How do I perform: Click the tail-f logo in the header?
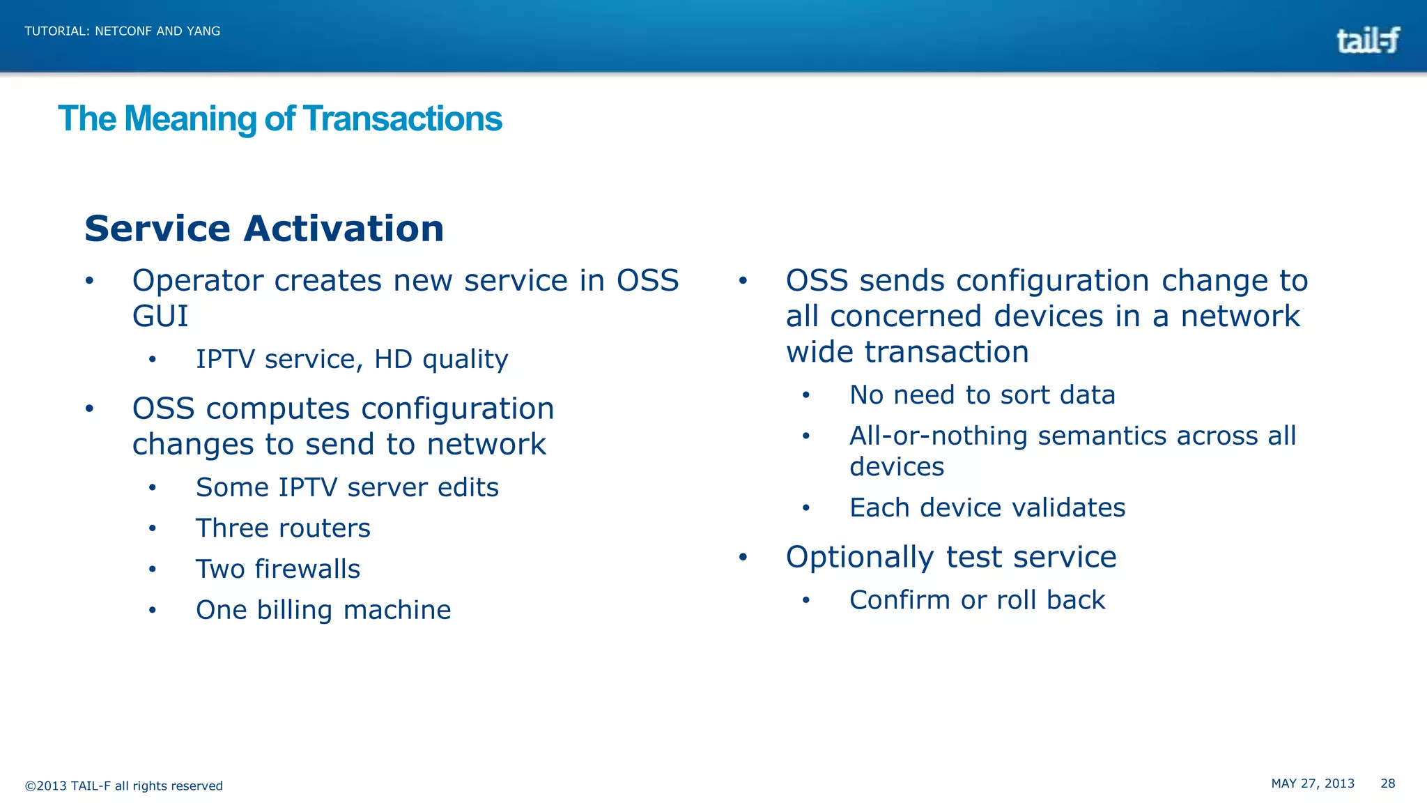click(x=1367, y=40)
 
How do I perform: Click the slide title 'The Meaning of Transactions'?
click(x=279, y=118)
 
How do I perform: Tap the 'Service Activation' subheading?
click(x=264, y=229)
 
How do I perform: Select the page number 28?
click(x=1387, y=783)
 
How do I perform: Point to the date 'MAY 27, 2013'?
click(x=1313, y=783)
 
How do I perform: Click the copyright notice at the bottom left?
click(x=124, y=786)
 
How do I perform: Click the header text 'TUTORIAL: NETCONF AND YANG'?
click(x=123, y=31)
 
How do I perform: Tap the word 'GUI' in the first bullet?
click(x=160, y=316)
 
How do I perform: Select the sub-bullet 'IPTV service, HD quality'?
click(x=352, y=360)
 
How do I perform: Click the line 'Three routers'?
click(x=283, y=528)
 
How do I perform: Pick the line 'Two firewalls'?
click(x=278, y=569)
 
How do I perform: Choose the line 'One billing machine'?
click(x=323, y=610)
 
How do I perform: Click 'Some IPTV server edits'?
click(x=347, y=487)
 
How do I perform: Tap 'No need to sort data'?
click(x=982, y=395)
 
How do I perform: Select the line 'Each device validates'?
click(x=987, y=507)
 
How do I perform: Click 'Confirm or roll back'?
click(x=977, y=600)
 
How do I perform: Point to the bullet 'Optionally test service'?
click(x=950, y=557)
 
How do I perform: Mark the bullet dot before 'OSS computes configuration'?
click(x=89, y=408)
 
